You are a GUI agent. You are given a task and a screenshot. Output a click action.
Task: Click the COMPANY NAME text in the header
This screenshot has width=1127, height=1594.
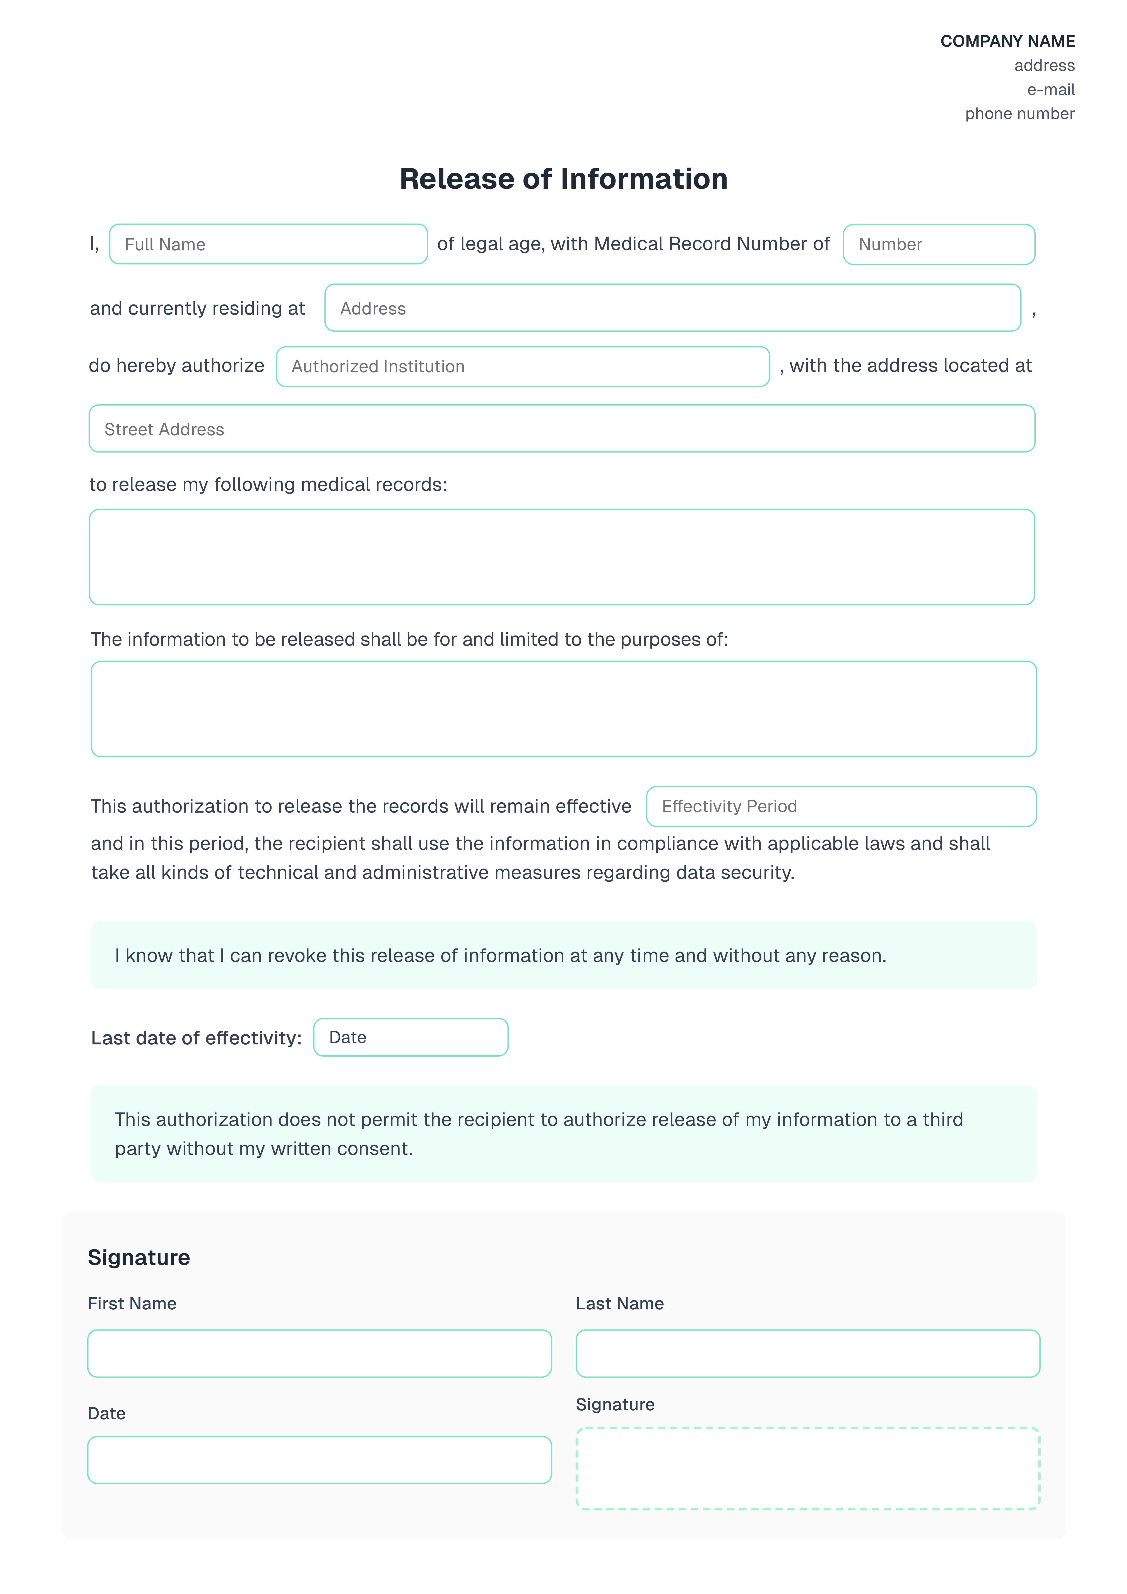(x=1007, y=41)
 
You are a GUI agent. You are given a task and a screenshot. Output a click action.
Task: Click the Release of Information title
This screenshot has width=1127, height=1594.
(x=563, y=179)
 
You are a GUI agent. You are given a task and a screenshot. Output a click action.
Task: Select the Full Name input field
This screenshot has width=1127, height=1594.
(x=268, y=244)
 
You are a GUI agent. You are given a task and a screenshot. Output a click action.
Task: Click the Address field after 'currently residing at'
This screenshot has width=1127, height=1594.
(x=672, y=308)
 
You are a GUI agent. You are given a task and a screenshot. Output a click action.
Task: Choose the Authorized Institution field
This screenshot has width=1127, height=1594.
(x=522, y=367)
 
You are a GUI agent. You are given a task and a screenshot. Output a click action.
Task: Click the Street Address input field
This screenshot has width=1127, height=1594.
(x=562, y=429)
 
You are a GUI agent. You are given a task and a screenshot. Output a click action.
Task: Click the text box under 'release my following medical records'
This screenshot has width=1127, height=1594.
(x=562, y=557)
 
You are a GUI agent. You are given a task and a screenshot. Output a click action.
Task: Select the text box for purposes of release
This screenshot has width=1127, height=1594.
(x=563, y=709)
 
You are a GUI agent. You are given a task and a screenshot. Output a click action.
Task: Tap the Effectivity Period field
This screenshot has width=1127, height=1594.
(x=841, y=807)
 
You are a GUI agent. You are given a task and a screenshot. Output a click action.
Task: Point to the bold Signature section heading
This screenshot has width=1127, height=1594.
(x=139, y=1257)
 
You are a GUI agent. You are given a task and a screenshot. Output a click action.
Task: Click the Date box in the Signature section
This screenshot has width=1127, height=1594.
(x=319, y=1460)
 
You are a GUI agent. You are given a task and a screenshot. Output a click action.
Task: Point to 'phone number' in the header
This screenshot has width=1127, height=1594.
(x=1019, y=114)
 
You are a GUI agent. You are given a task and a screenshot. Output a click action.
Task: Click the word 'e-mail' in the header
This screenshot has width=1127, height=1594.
(x=1051, y=90)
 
